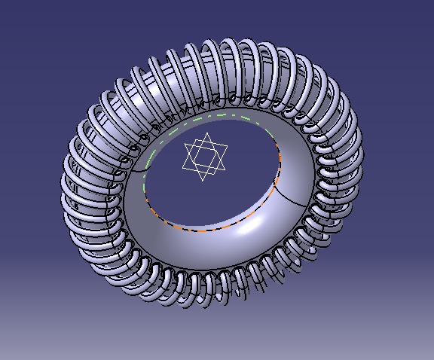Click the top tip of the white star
point(206,133)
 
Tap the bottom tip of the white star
point(205,181)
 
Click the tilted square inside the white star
point(205,157)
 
